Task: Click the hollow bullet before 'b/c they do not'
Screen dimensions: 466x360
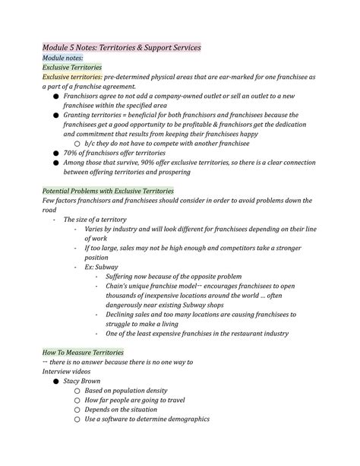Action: [x=77, y=144]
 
